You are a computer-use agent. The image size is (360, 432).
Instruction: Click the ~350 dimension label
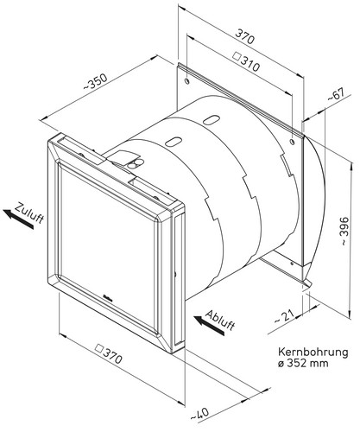click(96, 81)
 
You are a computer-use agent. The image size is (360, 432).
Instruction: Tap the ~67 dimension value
click(336, 95)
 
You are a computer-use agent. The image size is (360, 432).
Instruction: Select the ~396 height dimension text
click(344, 232)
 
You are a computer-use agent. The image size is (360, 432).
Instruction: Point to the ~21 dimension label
click(284, 316)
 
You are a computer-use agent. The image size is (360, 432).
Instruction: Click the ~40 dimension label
click(199, 414)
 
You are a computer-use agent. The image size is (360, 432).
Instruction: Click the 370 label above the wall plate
click(245, 36)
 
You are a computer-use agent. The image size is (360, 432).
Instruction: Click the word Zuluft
click(30, 213)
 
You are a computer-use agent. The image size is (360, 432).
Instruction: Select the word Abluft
click(221, 321)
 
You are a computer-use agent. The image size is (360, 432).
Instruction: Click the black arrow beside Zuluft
click(18, 219)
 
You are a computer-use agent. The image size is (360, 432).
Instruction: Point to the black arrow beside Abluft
click(209, 325)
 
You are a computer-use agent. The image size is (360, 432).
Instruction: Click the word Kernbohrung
click(313, 352)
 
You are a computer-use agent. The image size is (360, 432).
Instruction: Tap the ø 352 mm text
click(303, 363)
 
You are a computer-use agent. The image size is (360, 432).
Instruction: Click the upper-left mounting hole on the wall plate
click(187, 81)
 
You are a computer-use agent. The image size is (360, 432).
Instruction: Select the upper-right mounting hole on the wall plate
click(293, 142)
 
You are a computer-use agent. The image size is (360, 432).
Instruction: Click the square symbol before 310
click(237, 55)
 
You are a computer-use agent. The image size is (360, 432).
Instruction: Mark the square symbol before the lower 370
click(99, 348)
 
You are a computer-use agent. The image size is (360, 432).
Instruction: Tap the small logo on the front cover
click(107, 296)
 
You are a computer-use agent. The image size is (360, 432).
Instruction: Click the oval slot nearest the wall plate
click(212, 119)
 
